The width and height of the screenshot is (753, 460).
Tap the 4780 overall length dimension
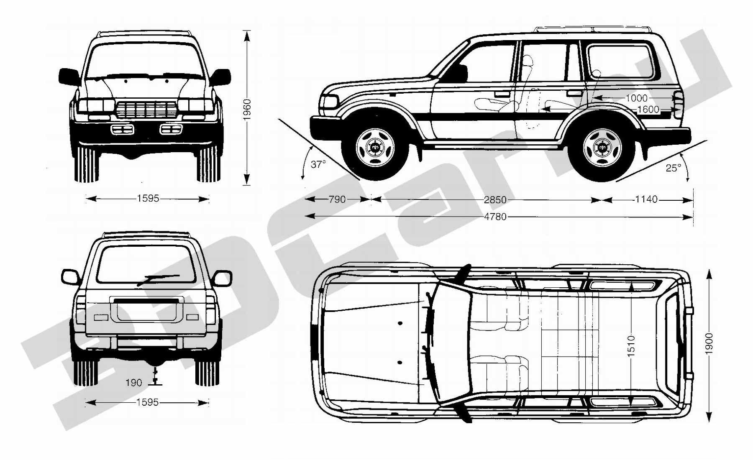click(495, 217)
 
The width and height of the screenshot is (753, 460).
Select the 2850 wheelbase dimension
click(495, 200)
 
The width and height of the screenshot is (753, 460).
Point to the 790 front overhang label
click(337, 199)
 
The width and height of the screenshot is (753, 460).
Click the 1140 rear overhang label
click(646, 199)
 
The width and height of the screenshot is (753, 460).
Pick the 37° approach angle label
click(318, 164)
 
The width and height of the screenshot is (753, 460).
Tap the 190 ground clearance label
click(134, 383)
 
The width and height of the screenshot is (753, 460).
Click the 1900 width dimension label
click(709, 344)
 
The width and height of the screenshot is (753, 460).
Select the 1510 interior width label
click(631, 346)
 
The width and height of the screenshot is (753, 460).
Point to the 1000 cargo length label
click(636, 98)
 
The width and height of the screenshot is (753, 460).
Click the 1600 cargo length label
click(648, 110)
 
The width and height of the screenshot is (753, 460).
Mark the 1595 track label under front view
click(148, 198)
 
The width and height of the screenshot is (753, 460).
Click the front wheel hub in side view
click(375, 147)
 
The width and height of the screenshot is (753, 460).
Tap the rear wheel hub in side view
click(602, 147)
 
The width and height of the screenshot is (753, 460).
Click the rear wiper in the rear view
click(158, 279)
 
